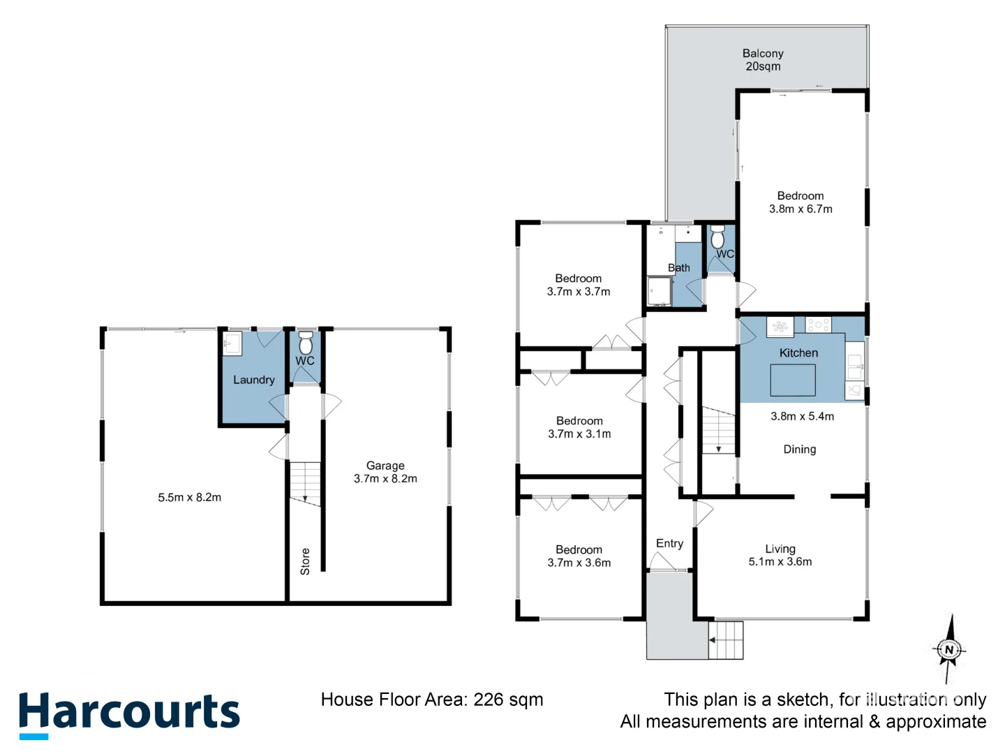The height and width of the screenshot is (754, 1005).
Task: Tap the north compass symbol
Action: point(948,650)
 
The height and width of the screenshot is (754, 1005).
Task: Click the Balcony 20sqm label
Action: point(763,60)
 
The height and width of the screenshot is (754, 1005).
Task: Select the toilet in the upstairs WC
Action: point(717,239)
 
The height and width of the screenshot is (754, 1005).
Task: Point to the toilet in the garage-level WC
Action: point(306,343)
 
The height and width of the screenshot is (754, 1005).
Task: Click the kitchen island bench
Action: point(792,380)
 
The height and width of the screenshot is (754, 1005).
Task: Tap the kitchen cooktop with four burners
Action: point(818,325)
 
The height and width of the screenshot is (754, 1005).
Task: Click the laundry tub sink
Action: point(232,343)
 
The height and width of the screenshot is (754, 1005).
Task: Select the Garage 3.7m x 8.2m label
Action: point(385,472)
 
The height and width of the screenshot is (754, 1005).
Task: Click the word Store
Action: point(305,561)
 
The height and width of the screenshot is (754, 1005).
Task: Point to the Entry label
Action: point(669,543)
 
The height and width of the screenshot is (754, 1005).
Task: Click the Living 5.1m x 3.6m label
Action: point(780,555)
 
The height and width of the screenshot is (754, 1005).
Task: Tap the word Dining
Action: point(799,450)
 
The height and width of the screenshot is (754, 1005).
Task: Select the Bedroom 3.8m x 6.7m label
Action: point(801,202)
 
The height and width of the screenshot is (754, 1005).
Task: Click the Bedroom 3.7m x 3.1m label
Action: point(579,427)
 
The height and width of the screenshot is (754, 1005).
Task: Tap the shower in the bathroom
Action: point(659,291)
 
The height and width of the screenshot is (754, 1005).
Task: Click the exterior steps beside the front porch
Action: point(726,640)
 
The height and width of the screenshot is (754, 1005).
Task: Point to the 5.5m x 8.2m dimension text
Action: point(189,498)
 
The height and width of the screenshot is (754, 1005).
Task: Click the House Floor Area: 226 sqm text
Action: point(431,700)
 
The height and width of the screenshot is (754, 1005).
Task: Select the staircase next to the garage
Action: point(305,482)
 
